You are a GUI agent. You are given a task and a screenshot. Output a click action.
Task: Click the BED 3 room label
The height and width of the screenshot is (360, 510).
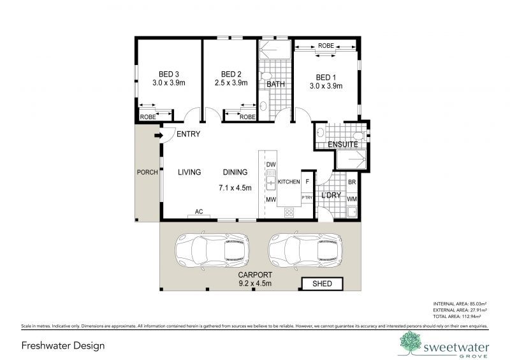click(x=168, y=74)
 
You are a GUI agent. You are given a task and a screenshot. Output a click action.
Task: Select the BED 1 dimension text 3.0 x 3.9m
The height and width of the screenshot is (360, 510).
click(x=326, y=86)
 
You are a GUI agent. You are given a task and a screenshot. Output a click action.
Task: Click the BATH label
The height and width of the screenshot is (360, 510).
click(x=275, y=84)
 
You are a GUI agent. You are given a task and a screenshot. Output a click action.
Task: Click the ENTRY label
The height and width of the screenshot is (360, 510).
click(x=189, y=134)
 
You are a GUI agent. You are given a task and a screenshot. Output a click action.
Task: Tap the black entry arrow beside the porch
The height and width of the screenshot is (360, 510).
click(x=157, y=134)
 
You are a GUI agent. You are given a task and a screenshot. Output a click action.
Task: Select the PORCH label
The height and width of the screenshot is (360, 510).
click(x=147, y=173)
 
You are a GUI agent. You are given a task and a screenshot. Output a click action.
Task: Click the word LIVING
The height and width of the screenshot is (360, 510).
click(x=189, y=172)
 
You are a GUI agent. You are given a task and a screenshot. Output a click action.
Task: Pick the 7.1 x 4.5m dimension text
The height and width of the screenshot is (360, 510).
click(x=235, y=188)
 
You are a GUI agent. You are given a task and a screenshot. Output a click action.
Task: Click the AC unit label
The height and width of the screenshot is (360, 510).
click(x=198, y=212)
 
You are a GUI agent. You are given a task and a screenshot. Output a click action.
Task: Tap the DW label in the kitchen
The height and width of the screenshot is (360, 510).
click(x=270, y=164)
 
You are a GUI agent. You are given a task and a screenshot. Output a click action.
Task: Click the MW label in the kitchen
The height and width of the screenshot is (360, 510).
click(x=270, y=200)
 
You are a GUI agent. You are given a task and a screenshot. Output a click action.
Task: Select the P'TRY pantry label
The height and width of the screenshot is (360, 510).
click(x=307, y=198)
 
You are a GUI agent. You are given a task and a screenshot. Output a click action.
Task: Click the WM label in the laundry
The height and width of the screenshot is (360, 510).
click(x=351, y=199)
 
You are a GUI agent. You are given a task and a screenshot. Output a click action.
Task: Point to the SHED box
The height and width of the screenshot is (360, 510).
click(x=322, y=284)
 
